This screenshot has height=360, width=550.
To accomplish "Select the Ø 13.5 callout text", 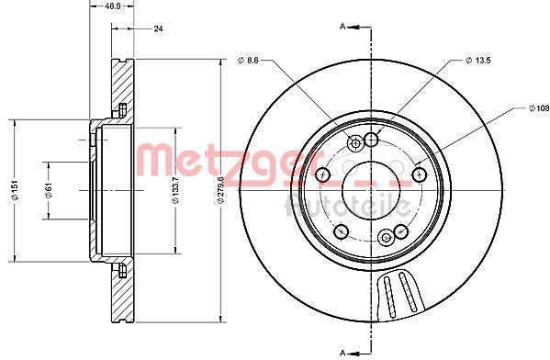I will [x=479, y=62].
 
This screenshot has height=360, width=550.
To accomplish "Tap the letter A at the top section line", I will [x=343, y=28].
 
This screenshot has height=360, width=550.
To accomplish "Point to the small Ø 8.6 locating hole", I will [x=355, y=143].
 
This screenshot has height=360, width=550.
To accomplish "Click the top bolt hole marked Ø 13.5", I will [x=372, y=140].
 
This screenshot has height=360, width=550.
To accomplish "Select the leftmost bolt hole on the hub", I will [x=323, y=174].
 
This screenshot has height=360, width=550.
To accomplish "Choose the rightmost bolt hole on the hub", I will [x=420, y=174].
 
